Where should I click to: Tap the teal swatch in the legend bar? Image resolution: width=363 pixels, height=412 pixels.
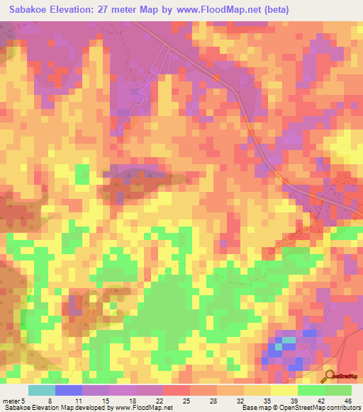42,390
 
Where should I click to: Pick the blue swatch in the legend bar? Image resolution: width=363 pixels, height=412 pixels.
69,390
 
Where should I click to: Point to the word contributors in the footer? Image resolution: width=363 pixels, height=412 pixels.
342,408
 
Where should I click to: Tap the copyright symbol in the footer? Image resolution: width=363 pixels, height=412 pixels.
270,408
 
